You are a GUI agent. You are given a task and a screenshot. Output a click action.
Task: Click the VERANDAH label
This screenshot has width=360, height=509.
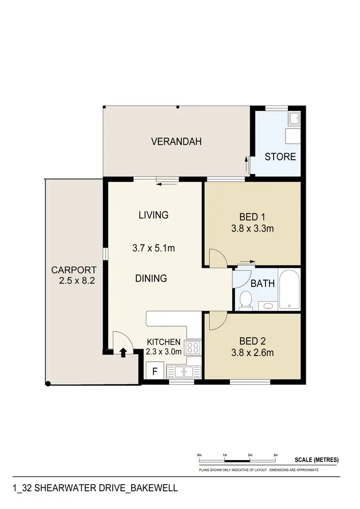point(176,142)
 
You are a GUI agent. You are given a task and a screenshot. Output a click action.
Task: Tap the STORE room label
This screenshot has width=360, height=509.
point(280,157)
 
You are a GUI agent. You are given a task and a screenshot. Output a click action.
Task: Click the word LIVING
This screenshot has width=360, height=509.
point(154,215)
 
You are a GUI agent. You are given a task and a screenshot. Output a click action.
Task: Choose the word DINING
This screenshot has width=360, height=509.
point(151,278)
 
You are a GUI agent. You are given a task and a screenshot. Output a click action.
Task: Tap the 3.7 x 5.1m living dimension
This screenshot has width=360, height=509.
point(153,249)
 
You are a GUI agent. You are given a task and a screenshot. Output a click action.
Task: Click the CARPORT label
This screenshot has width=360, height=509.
point(74,270)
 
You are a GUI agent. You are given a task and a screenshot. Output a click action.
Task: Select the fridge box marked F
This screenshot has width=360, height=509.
point(155,371)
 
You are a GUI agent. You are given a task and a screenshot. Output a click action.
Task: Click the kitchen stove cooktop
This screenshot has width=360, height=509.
point(193,347)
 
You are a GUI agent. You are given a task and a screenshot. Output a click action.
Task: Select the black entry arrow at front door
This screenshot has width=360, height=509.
point(123,353)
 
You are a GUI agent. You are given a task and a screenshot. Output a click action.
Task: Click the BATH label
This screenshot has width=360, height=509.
point(263,284)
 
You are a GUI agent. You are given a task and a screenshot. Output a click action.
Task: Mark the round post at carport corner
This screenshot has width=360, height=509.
point(48,383)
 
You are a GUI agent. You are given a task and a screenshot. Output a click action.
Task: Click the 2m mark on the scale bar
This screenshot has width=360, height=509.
point(250,455)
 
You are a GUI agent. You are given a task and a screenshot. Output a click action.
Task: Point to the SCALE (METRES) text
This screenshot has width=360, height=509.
point(316,460)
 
